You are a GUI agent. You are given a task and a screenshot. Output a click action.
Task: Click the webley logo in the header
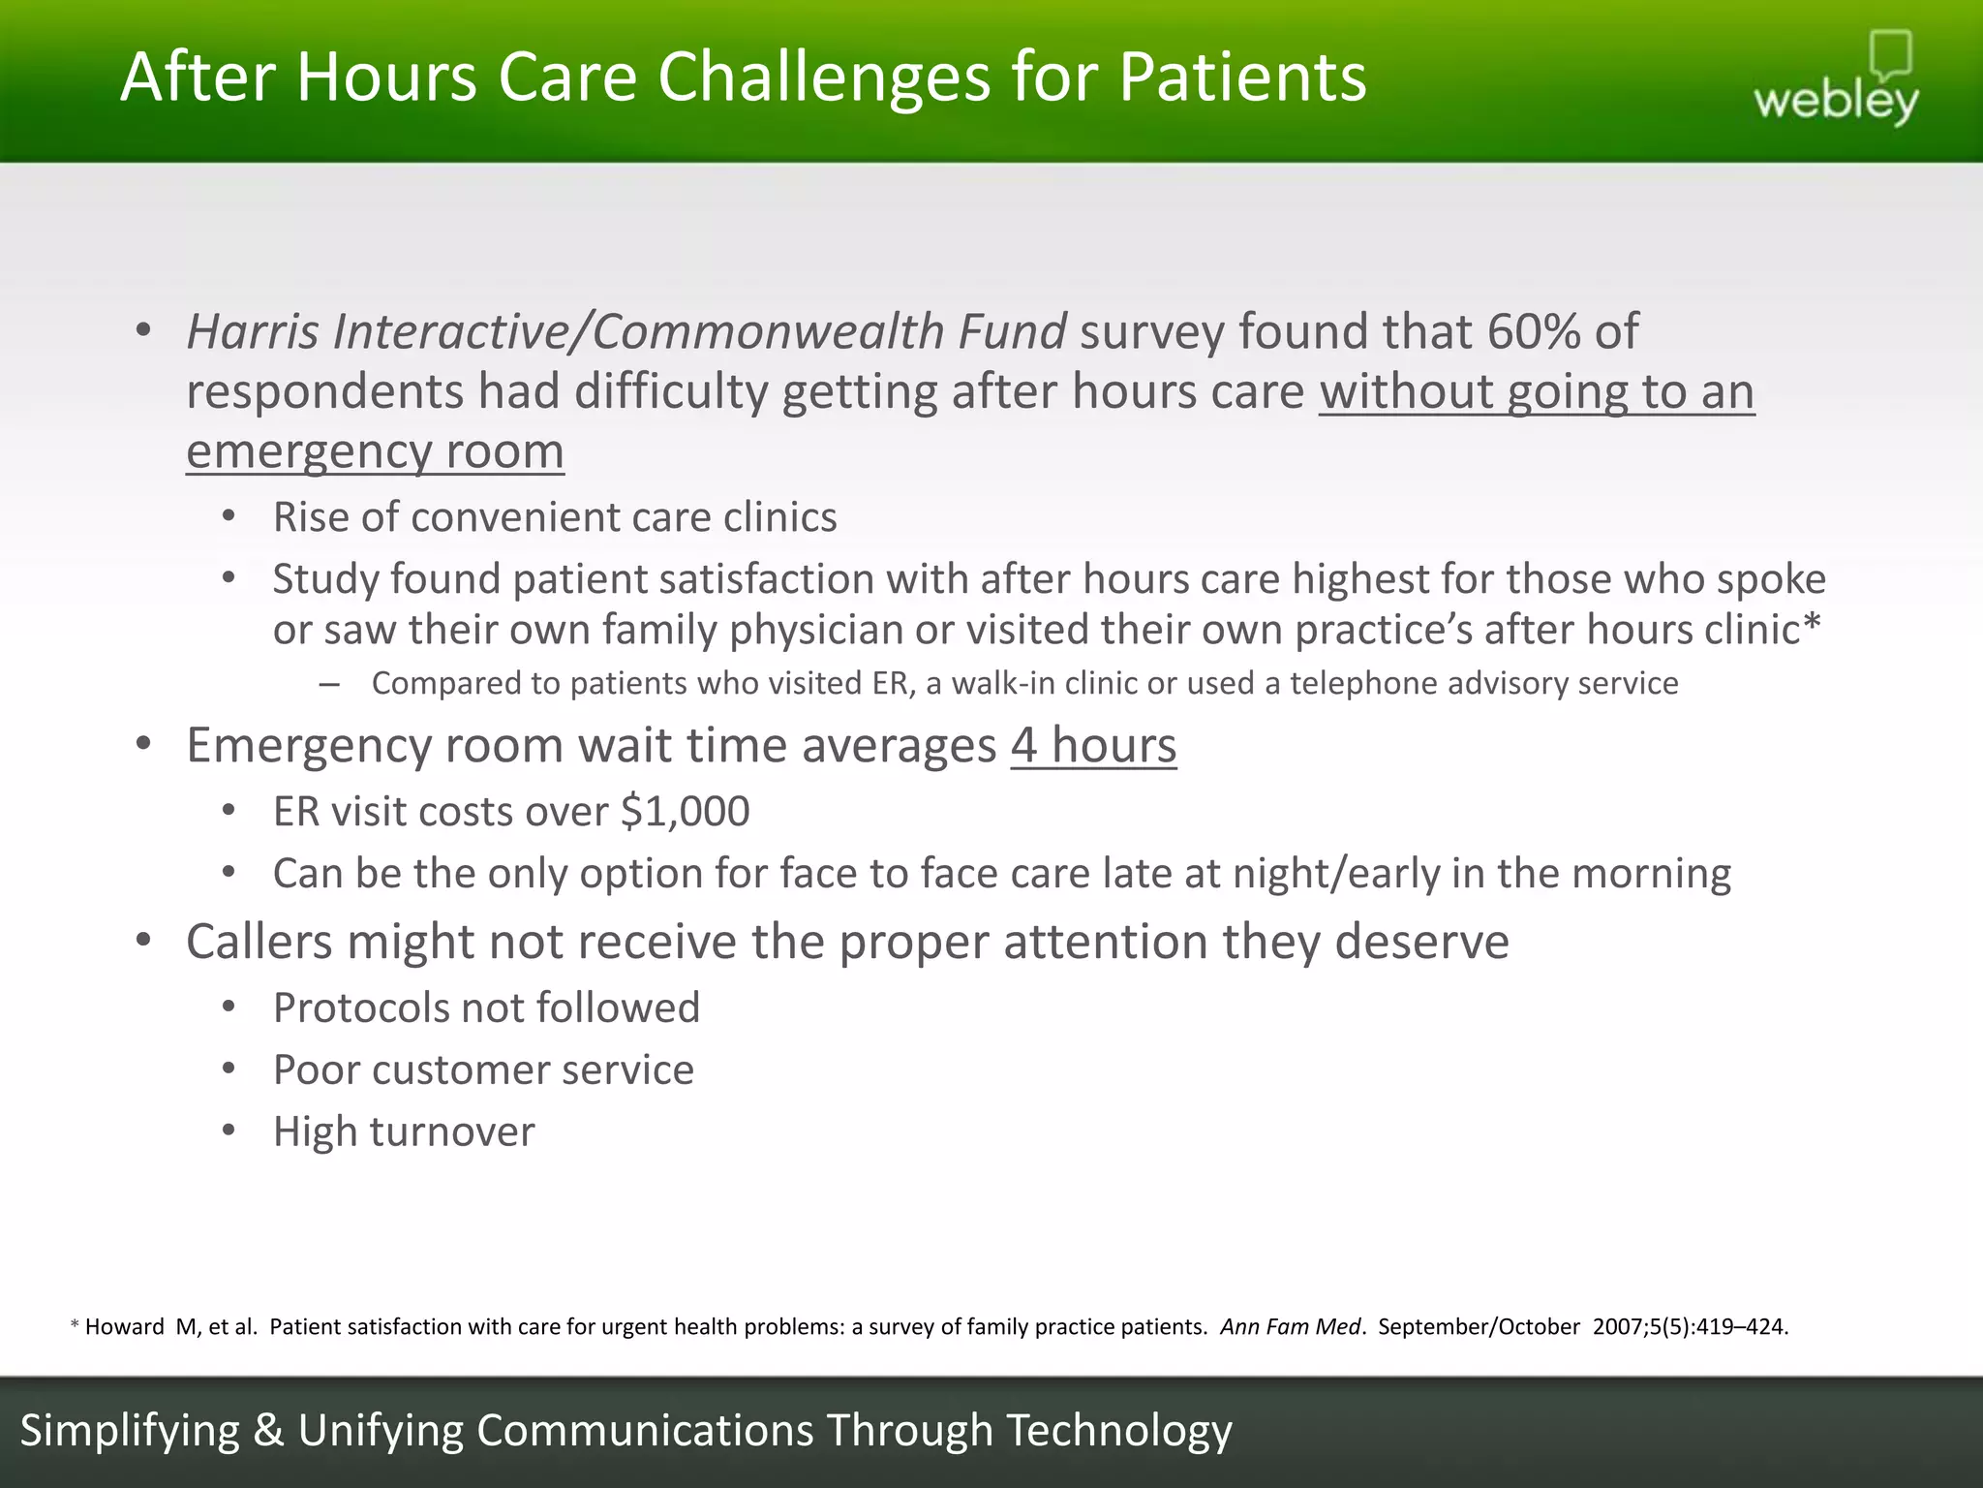(x=1836, y=81)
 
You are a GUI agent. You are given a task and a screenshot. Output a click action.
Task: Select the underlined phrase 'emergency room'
(x=375, y=452)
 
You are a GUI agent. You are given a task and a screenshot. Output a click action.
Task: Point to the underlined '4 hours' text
(x=1093, y=746)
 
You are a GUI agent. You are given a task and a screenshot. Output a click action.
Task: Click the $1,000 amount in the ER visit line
(x=685, y=812)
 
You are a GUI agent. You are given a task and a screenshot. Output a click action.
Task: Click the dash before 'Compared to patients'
(x=328, y=685)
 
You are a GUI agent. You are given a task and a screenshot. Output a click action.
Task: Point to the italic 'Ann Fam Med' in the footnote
(x=1290, y=1327)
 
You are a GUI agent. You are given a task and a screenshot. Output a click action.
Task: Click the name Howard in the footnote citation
(x=124, y=1327)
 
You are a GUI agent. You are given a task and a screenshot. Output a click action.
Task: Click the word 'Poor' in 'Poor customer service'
(x=315, y=1070)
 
